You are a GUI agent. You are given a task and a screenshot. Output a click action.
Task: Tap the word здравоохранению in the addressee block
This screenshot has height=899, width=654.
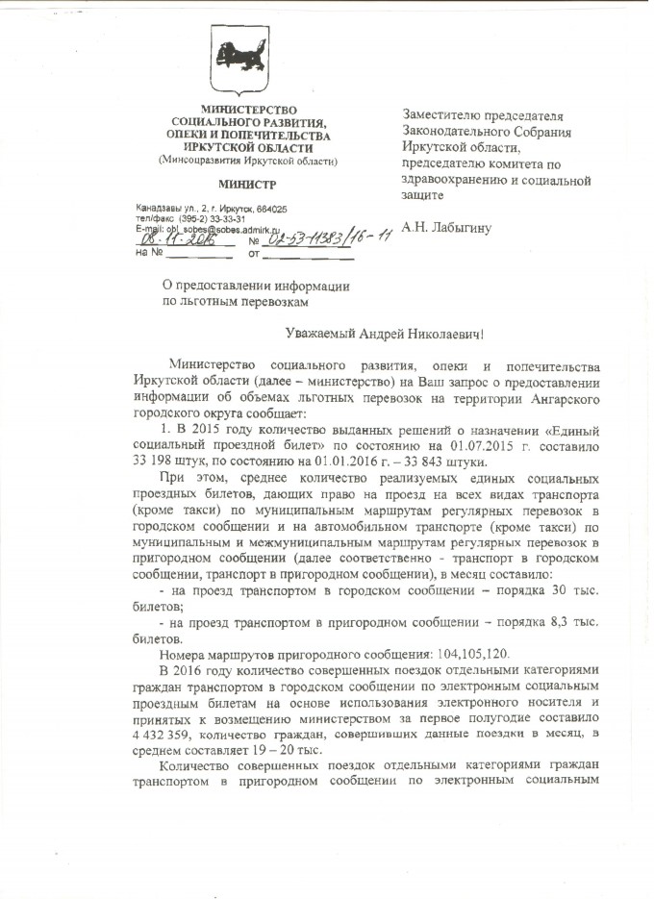pyautogui.click(x=455, y=180)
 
